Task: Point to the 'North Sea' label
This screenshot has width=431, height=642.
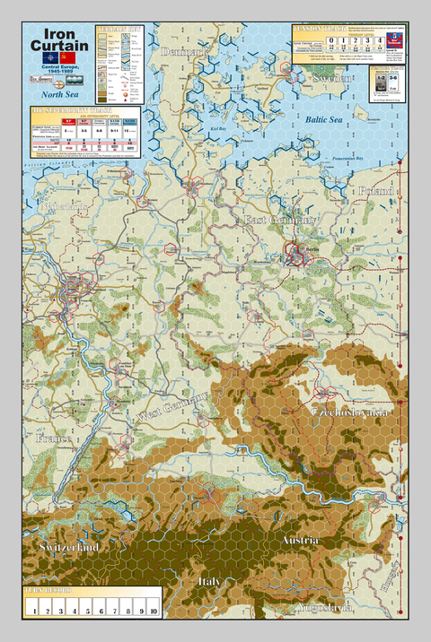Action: [57, 92]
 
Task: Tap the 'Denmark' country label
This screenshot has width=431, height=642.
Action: [184, 52]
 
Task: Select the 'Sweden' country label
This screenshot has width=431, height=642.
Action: [333, 79]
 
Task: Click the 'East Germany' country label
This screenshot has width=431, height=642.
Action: [281, 220]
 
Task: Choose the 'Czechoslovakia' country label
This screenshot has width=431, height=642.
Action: [348, 411]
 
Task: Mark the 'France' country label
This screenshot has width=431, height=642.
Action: [52, 438]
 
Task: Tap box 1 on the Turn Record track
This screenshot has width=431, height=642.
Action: [33, 611]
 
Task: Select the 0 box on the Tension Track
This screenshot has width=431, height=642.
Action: [305, 40]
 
